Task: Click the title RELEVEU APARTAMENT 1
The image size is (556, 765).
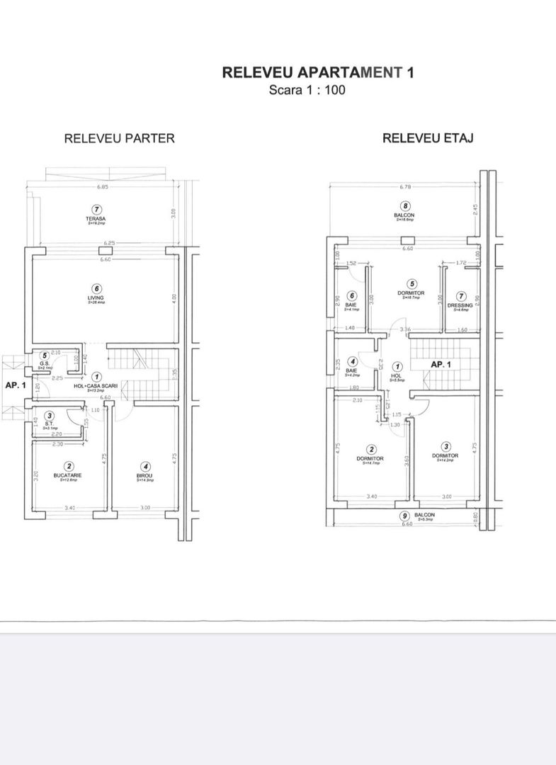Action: tap(317, 72)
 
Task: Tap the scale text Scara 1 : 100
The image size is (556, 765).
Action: tap(307, 90)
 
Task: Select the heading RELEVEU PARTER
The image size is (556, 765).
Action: tap(119, 138)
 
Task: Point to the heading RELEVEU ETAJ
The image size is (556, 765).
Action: tap(428, 138)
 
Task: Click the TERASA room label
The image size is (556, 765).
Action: tap(96, 219)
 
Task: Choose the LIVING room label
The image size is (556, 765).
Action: tap(96, 298)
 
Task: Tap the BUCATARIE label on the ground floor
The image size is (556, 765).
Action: tap(69, 475)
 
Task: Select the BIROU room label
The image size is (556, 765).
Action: tap(144, 475)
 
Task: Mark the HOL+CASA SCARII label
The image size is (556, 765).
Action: tap(96, 386)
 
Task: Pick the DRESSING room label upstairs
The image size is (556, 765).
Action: tap(460, 306)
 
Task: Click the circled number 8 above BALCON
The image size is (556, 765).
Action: tap(405, 206)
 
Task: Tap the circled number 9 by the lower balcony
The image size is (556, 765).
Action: tap(404, 516)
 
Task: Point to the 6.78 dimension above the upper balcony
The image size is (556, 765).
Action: tap(405, 188)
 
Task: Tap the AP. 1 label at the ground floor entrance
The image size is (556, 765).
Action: tap(15, 386)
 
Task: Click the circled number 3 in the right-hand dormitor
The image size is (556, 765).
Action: tap(446, 446)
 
